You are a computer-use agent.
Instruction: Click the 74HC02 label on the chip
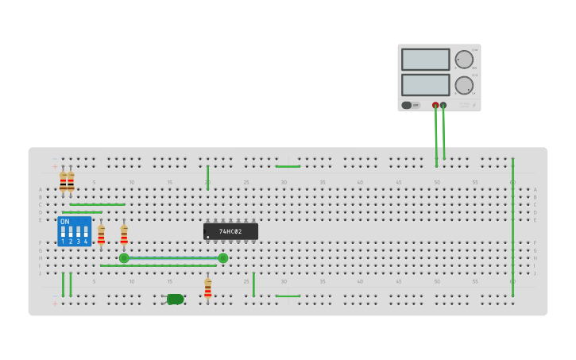230,231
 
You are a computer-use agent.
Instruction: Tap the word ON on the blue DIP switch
65,222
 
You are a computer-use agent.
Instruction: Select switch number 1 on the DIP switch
63,233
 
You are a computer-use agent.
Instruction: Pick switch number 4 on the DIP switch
86,233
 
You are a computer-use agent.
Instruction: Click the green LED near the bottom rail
175,299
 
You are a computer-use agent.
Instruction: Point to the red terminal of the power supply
435,105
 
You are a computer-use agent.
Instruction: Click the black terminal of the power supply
443,105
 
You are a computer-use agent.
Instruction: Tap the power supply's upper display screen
425,60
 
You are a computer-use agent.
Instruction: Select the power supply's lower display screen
425,85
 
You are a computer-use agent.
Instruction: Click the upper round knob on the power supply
464,59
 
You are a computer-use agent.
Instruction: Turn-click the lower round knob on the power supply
464,85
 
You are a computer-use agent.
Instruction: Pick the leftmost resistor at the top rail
63,182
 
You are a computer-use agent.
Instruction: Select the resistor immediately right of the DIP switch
101,234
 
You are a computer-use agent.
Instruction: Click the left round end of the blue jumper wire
124,258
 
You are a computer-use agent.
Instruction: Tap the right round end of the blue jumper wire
223,258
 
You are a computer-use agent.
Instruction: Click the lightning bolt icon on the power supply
474,105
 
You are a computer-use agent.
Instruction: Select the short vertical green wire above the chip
207,177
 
